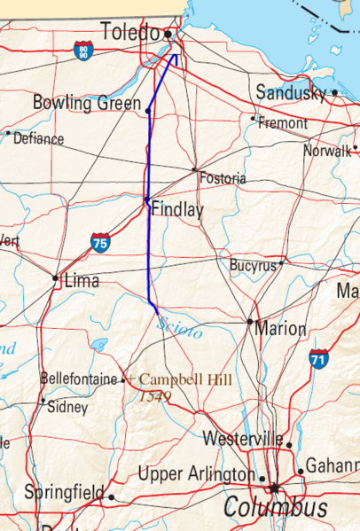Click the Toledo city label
pos(129,33)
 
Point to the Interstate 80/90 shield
pos(83,50)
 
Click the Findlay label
pos(177,210)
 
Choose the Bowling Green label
pos(86,103)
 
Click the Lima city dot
pos(56,278)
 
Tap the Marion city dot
pos(251,322)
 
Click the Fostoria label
pos(223,179)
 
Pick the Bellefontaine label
pos(80,379)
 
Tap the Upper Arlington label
pos(196,474)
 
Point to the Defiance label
pos(39,139)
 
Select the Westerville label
pos(242,439)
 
